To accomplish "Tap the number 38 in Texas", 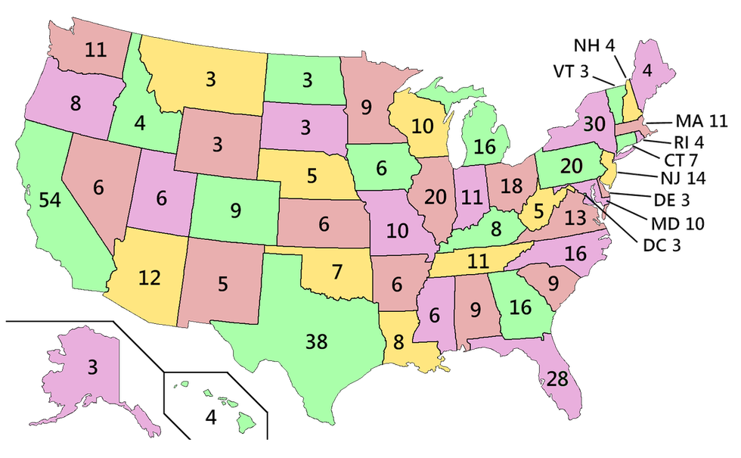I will tap(317, 342).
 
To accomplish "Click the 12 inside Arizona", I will tap(149, 278).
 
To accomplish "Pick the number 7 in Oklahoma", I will tap(336, 270).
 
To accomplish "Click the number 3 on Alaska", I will tap(91, 368).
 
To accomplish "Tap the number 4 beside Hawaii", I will tap(212, 416).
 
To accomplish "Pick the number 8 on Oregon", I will tap(75, 104).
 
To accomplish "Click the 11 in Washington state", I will tap(95, 51).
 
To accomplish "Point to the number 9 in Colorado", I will tap(236, 210).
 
